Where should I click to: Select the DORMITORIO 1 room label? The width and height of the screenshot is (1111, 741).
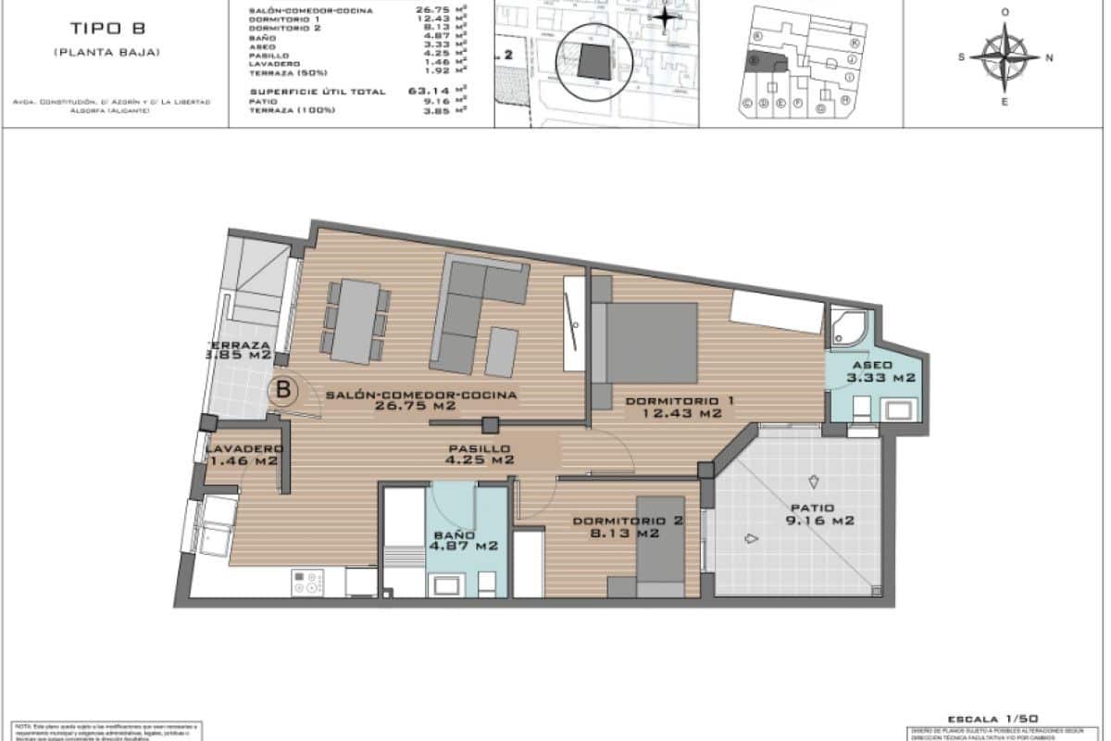coord(680,407)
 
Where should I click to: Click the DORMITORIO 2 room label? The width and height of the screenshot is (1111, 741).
coord(628,526)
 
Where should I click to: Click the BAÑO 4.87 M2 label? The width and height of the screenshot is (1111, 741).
coord(463,541)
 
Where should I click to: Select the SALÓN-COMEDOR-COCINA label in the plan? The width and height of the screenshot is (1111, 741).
coord(420,399)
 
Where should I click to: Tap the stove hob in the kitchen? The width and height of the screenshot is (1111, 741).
coord(308,583)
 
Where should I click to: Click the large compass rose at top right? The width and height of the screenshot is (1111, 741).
coord(1005,57)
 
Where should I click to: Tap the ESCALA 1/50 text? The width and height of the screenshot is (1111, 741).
coord(993,719)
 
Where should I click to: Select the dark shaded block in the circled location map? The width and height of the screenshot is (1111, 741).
coord(593,62)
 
